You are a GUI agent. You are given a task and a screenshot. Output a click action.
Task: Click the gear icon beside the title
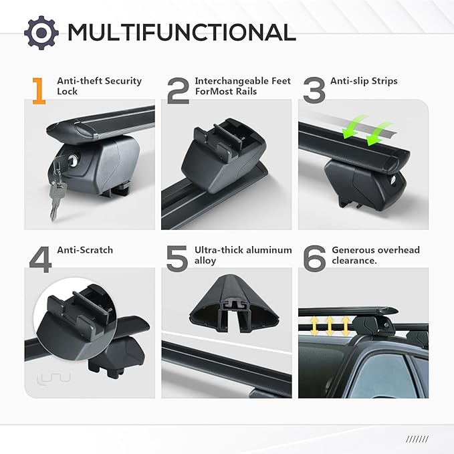coord(41,31)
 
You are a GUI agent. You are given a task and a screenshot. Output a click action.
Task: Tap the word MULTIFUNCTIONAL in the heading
coord(181,31)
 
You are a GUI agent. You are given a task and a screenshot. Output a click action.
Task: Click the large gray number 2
coord(177,91)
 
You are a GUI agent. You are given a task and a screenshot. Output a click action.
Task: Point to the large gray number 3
coord(313,91)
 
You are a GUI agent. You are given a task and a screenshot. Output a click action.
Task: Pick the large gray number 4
coord(40,259)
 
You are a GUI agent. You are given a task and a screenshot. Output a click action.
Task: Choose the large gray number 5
coord(177,259)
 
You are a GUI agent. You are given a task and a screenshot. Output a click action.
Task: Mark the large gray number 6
coord(314,259)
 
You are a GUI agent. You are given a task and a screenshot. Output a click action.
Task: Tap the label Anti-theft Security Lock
coord(99,86)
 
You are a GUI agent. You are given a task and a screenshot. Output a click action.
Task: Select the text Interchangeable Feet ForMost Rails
coord(243,86)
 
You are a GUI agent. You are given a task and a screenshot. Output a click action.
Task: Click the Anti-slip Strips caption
coord(364,81)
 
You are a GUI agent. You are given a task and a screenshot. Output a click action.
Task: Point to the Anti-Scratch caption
coord(85,250)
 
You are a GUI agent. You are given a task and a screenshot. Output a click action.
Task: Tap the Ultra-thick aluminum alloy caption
coord(243,255)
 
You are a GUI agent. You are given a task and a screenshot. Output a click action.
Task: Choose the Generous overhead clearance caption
coord(376,255)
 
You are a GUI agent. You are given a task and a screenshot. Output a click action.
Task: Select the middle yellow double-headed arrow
coord(329,326)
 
